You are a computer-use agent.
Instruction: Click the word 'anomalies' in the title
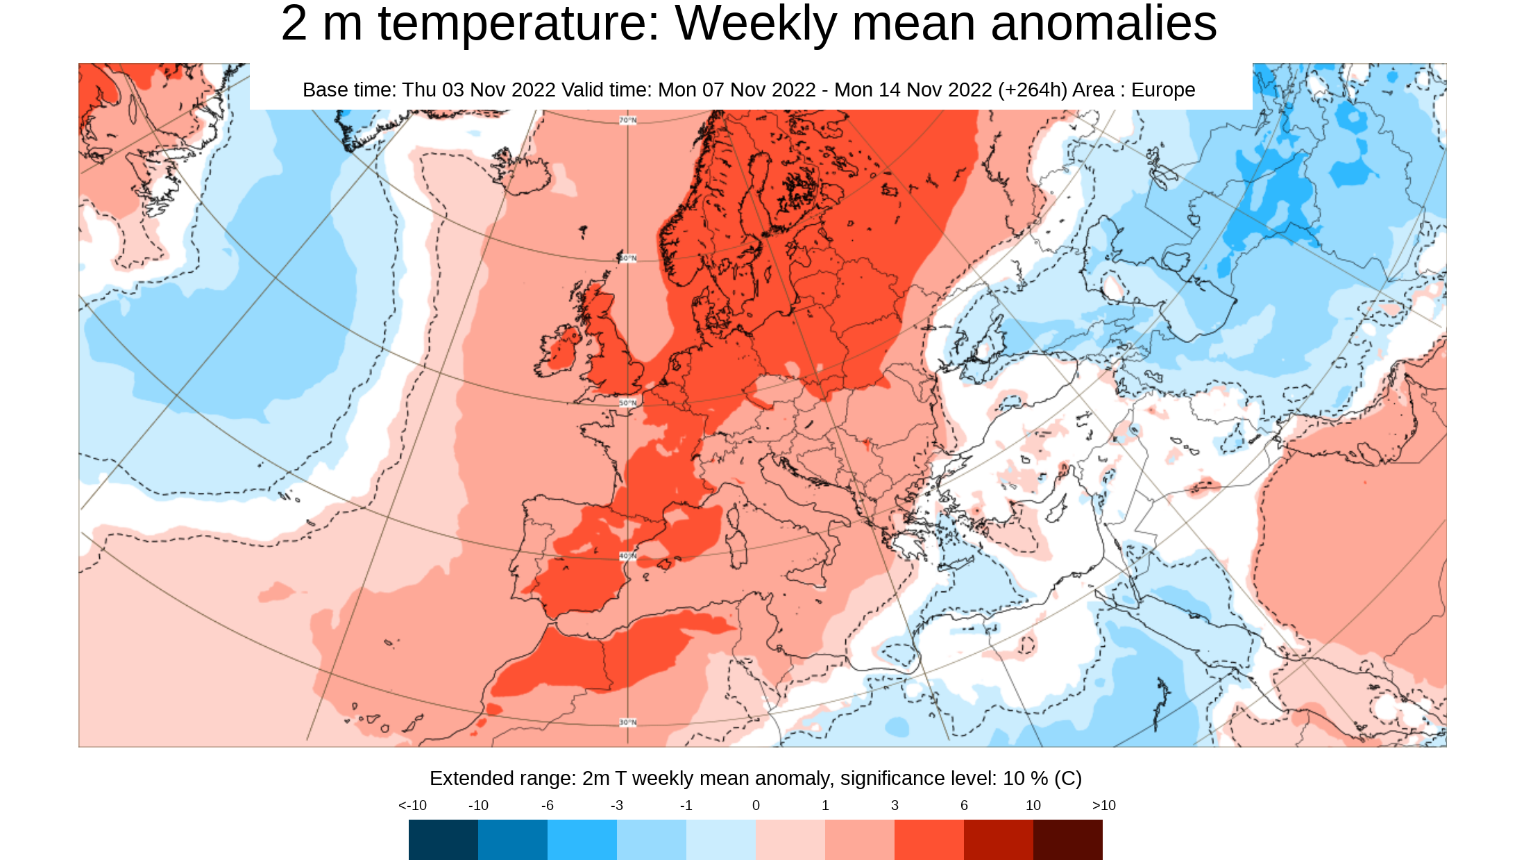[1103, 24]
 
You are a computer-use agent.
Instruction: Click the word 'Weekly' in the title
[756, 24]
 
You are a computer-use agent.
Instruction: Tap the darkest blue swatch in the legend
[443, 839]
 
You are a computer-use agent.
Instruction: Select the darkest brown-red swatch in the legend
[1067, 839]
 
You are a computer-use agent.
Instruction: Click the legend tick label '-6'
[547, 805]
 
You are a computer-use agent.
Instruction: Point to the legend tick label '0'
[756, 805]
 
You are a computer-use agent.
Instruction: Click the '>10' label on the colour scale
[1103, 805]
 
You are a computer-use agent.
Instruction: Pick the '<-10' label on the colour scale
[412, 805]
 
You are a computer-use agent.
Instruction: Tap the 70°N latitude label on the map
[627, 121]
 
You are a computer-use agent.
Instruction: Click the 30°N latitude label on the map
[627, 722]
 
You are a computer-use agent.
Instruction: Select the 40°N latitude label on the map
[627, 556]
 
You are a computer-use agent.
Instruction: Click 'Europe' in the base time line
[1162, 90]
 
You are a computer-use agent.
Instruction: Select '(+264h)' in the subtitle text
[1032, 90]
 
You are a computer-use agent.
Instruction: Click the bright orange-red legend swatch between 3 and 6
[929, 839]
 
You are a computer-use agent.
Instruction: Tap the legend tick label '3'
[895, 805]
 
